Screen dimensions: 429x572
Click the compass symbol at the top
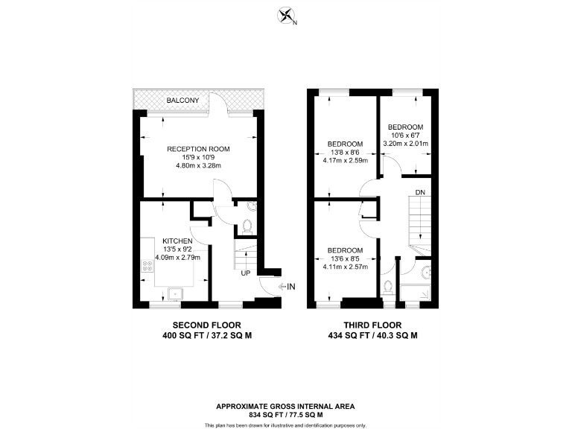285,14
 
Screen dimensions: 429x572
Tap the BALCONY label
182,101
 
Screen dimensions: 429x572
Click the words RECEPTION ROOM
198,149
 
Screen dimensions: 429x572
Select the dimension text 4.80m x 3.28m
198,165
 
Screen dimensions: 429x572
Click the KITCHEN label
178,241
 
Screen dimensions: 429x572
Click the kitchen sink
176,293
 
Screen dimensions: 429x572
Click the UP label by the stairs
245,273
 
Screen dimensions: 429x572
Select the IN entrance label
291,286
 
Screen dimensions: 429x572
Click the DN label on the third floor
421,192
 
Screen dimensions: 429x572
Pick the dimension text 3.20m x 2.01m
405,144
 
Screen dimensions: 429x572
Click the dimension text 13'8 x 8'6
345,152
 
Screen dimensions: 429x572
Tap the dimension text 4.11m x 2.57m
345,266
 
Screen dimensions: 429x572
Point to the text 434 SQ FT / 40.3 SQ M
372,336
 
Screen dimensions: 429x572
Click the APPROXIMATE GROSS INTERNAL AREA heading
285,407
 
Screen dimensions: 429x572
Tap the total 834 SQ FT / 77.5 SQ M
285,415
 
